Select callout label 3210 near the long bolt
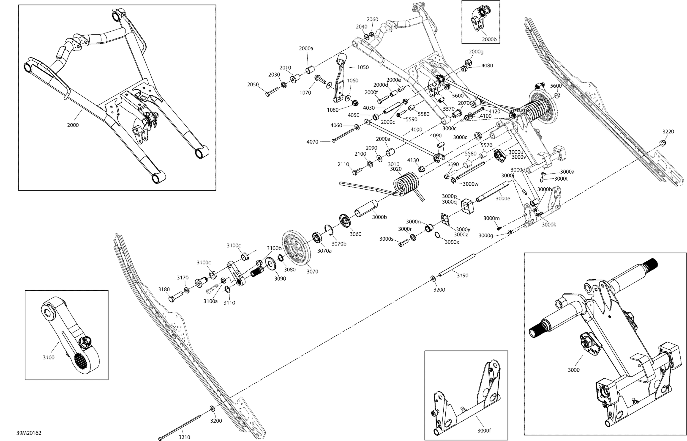pyautogui.click(x=184, y=437)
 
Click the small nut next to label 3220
pyautogui.click(x=663, y=143)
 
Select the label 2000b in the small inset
pyautogui.click(x=489, y=39)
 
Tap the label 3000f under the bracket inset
pyautogui.click(x=484, y=430)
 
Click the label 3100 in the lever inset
pyautogui.click(x=48, y=357)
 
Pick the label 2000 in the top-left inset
pyautogui.click(x=73, y=125)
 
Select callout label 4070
pyautogui.click(x=312, y=142)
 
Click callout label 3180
pyautogui.click(x=164, y=289)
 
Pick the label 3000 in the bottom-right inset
pyautogui.click(x=573, y=370)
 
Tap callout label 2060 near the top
pyautogui.click(x=372, y=19)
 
